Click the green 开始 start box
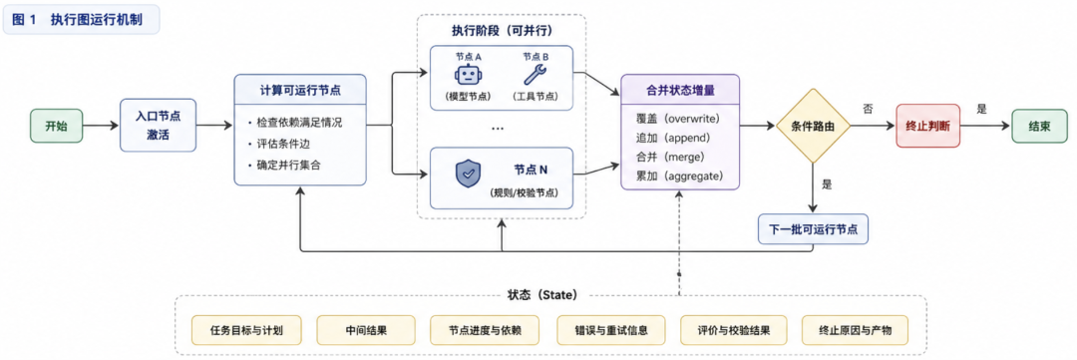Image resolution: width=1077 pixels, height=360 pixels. [56, 126]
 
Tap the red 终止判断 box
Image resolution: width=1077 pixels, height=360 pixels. [928, 126]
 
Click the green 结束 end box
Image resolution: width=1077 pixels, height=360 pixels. [1039, 126]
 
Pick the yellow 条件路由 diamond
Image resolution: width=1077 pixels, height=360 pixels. [814, 126]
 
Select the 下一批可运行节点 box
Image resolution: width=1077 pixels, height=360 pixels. [814, 228]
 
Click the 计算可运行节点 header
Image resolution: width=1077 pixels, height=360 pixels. [300, 90]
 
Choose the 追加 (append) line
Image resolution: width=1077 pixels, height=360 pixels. [672, 138]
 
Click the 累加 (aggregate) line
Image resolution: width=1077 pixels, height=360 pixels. [680, 176]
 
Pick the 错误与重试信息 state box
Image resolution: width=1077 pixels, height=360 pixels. [602, 330]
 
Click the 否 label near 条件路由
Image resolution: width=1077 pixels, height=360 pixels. [868, 109]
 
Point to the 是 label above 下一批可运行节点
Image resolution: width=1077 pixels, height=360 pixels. [827, 184]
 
